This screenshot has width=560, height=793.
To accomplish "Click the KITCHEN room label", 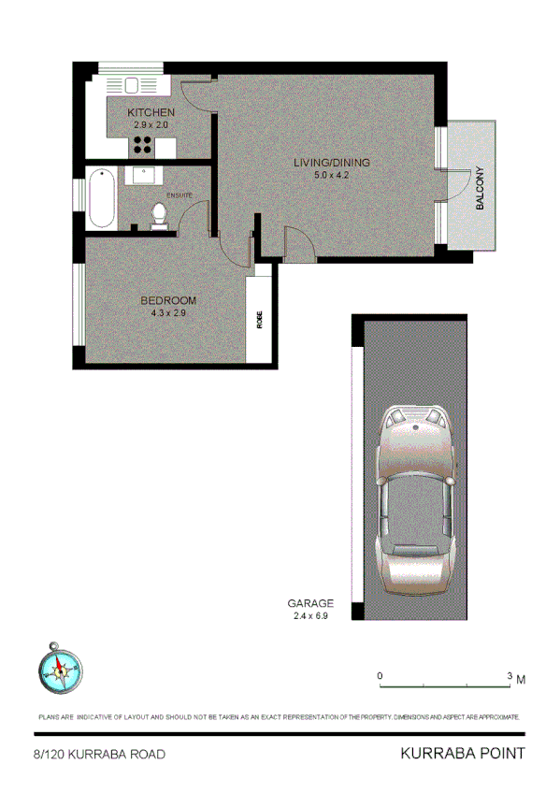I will click(x=151, y=112).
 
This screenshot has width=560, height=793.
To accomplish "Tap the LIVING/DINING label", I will click(x=332, y=162).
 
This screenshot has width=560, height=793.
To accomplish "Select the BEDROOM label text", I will click(x=168, y=300).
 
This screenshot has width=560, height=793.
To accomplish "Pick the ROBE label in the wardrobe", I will click(x=259, y=319).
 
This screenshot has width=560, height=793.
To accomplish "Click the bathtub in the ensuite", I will click(x=102, y=197).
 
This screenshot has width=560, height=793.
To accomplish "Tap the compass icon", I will click(x=59, y=668).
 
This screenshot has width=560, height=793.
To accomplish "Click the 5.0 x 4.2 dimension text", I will click(x=332, y=174).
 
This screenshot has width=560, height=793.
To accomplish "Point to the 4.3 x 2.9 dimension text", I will click(x=168, y=312).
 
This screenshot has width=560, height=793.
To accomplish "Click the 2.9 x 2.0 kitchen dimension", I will click(x=151, y=124).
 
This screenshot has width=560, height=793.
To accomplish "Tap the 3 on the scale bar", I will click(x=509, y=675).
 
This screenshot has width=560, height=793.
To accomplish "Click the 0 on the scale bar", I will click(x=380, y=675).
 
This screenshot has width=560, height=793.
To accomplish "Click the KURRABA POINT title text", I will click(x=462, y=753).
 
